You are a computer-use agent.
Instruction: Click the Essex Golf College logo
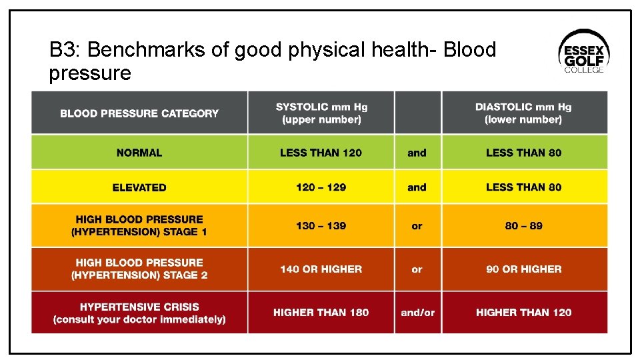tap(583, 51)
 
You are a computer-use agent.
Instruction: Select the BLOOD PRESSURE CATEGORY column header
tap(139, 113)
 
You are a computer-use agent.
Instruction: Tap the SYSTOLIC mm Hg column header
tap(321, 113)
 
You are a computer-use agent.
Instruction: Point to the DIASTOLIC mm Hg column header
tap(523, 113)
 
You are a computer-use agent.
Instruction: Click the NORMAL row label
tap(139, 153)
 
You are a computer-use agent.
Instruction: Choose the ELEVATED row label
tap(139, 187)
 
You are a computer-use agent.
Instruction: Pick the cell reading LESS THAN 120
tap(321, 153)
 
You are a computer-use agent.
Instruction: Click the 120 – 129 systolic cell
tap(321, 187)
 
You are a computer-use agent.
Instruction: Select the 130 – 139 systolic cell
tap(321, 226)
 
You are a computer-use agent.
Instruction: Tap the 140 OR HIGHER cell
tap(321, 269)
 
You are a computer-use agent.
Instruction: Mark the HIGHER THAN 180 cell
tap(321, 312)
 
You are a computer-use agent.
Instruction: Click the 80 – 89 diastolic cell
tap(523, 226)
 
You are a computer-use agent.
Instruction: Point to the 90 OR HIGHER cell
tap(523, 269)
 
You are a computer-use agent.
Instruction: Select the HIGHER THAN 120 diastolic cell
tap(523, 312)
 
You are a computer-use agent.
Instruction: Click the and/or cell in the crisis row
tap(417, 312)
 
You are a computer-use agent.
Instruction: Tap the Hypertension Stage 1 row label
tap(139, 225)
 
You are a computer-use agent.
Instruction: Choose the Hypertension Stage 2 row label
tap(139, 269)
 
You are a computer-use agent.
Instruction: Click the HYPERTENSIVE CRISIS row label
tap(139, 313)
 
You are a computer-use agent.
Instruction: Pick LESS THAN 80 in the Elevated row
tap(523, 187)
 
